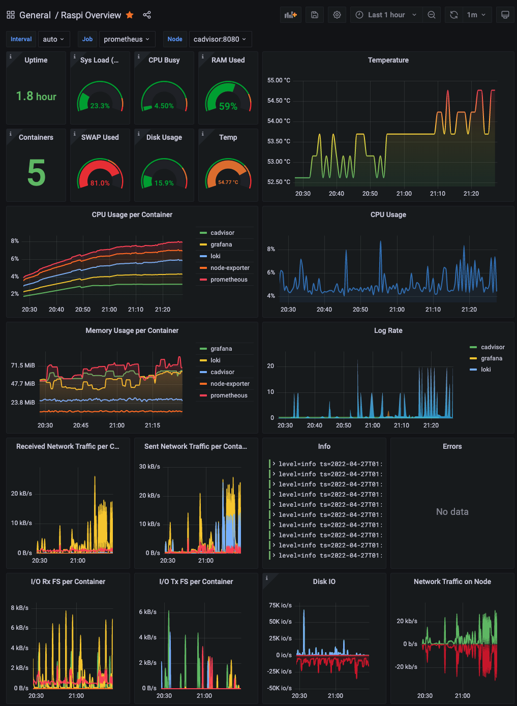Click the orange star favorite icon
(x=130, y=15)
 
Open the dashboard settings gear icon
(x=337, y=15)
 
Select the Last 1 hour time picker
(x=386, y=15)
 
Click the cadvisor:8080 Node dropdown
(x=220, y=39)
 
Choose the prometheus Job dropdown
(x=126, y=39)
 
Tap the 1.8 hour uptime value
(x=36, y=96)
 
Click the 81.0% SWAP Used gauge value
(x=100, y=183)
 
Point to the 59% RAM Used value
(x=228, y=106)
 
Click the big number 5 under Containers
(x=36, y=173)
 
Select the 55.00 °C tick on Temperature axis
(x=279, y=80)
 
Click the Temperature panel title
(x=388, y=60)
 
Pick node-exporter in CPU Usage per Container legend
(x=230, y=268)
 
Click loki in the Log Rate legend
(x=485, y=370)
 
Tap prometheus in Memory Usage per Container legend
(x=229, y=395)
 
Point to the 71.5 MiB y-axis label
(x=23, y=365)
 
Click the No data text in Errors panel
(x=452, y=512)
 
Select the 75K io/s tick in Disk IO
(x=280, y=605)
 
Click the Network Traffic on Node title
(x=452, y=581)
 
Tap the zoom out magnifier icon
(x=431, y=15)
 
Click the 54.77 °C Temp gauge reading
(x=228, y=182)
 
